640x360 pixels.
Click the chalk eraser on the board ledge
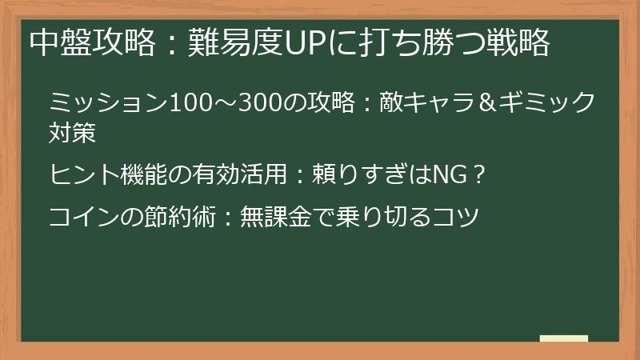pos(563,338)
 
